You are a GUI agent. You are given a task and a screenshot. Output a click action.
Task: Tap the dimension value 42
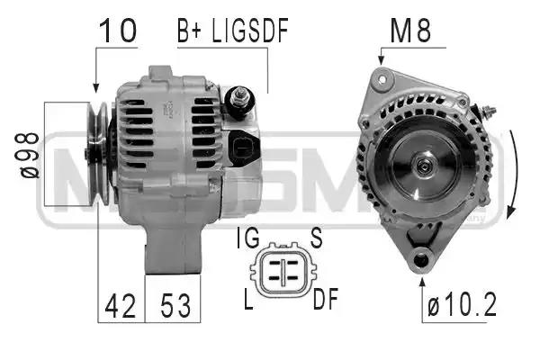[x=121, y=306]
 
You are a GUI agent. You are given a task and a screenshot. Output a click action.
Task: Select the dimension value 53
[x=175, y=306]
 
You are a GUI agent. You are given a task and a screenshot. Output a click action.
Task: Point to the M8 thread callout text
[x=410, y=31]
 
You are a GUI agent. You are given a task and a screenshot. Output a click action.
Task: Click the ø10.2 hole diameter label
[x=463, y=304]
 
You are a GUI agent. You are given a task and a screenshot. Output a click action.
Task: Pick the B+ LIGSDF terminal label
[x=233, y=31]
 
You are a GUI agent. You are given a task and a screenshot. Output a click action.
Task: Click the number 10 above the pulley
[x=118, y=31]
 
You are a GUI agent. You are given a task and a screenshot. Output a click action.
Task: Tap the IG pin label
[x=248, y=238]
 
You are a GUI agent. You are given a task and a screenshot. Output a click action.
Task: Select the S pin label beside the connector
[x=316, y=238]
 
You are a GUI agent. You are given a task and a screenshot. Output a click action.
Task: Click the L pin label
[x=248, y=299]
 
